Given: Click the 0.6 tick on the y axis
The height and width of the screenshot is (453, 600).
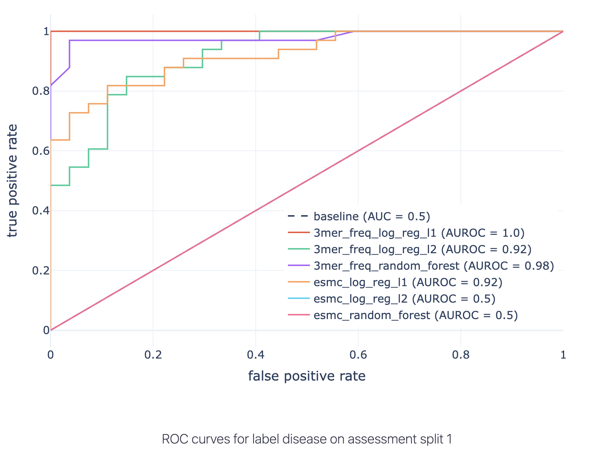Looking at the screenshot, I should (x=41, y=151).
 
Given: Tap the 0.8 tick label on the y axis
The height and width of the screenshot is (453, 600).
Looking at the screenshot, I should (x=41, y=91).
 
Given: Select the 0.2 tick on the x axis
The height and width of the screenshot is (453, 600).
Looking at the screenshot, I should (x=153, y=354).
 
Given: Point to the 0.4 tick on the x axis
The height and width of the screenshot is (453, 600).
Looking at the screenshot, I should (x=256, y=354).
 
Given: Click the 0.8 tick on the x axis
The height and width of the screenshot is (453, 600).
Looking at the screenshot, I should (x=461, y=354).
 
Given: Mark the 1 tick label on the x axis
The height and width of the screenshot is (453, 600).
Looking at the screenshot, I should (x=563, y=354).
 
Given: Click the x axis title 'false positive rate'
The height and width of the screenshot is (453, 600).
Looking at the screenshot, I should (x=307, y=376).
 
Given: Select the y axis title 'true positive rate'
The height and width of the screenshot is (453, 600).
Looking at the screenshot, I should (x=12, y=181).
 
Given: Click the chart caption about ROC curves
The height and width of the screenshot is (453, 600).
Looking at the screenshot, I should (x=307, y=439).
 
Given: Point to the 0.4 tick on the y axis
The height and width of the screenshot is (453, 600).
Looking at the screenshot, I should (x=41, y=211).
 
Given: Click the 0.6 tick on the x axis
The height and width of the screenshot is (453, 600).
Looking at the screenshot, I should (x=358, y=354).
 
